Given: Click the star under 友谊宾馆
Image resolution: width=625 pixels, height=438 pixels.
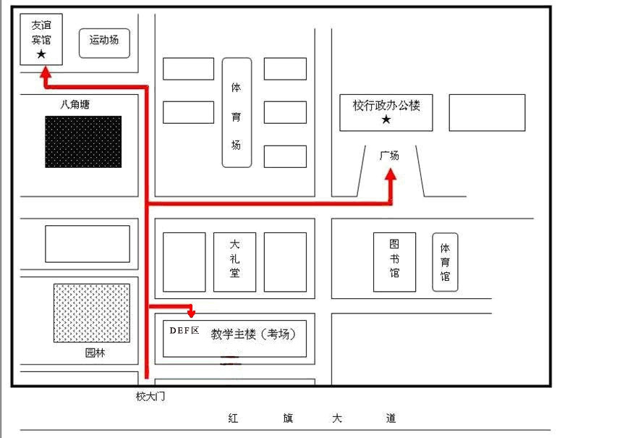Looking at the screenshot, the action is (41, 54).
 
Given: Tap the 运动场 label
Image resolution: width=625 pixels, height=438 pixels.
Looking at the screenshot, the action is (103, 40).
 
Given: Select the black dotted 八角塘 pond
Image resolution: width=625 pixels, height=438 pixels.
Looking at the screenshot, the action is (83, 142).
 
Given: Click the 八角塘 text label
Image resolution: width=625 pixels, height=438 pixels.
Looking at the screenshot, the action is (75, 104).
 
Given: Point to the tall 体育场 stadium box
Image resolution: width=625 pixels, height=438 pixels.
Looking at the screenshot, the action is (237, 112).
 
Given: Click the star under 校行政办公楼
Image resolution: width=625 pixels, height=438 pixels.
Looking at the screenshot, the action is (386, 119).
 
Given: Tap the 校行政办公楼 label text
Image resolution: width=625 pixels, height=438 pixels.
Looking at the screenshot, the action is (386, 105).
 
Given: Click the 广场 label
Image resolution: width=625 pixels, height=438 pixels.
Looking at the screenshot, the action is (389, 155).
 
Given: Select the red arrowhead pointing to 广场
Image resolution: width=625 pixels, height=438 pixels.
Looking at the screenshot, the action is (391, 174).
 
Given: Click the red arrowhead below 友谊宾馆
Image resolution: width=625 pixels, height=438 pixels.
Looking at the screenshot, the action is (46, 72).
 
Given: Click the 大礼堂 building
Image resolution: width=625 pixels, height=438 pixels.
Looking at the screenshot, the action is (234, 262).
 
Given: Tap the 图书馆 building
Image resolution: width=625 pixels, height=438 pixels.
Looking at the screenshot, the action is (395, 262).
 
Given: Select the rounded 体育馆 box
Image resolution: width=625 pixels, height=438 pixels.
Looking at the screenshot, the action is (445, 262).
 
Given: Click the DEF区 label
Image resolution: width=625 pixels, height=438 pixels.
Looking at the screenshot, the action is (184, 330).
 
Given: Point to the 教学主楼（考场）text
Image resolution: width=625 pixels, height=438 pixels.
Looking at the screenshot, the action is (253, 334).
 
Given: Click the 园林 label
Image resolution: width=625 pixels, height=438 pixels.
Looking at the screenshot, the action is (95, 353).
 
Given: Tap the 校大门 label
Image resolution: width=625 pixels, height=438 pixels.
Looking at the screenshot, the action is (150, 396).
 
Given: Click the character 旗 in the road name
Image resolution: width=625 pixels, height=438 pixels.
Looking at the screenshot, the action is (288, 418).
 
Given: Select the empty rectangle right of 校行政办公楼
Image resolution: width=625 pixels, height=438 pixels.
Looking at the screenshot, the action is (487, 112).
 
